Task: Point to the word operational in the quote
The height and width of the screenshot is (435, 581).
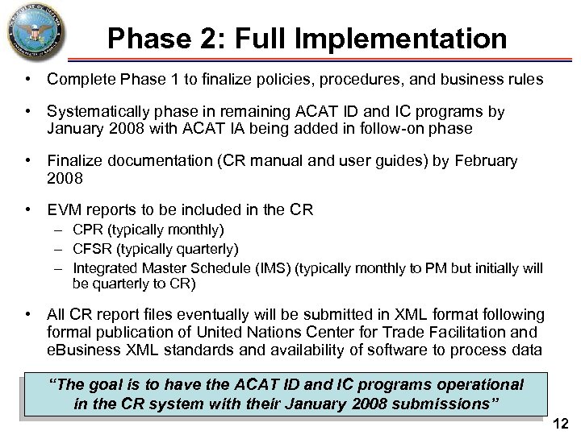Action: (x=474, y=385)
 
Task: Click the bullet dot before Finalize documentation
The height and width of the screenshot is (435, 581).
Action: (x=28, y=161)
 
